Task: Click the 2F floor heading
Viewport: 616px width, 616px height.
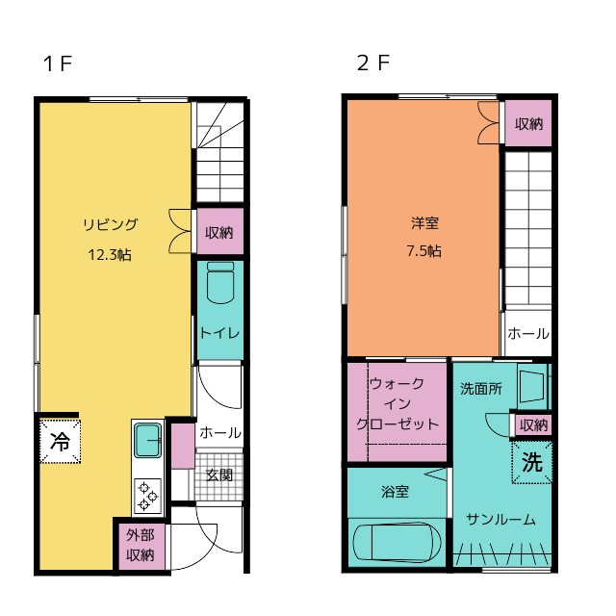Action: [373, 64]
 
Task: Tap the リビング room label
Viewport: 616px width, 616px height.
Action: [110, 225]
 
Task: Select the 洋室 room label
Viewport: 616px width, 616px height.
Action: [424, 222]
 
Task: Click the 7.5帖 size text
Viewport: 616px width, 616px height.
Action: [424, 251]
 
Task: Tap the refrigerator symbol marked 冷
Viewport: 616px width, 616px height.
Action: [60, 442]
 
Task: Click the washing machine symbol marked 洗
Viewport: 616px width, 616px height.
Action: [532, 462]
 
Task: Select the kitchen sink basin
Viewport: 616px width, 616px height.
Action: [148, 442]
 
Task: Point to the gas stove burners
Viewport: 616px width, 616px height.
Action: [148, 495]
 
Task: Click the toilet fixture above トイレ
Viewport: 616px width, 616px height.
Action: [220, 287]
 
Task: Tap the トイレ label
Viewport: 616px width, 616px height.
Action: [219, 333]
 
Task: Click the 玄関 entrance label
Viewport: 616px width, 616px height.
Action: [219, 475]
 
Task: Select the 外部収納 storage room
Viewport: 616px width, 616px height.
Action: [141, 546]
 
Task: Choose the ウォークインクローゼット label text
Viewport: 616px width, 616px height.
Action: [398, 403]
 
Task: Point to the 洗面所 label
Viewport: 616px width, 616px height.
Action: [480, 390]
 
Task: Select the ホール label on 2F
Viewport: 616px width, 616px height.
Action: [527, 334]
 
